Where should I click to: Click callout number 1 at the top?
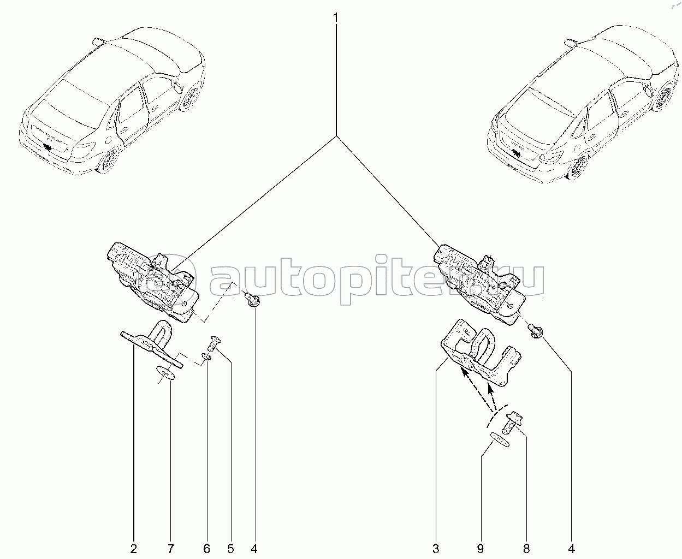pos(336,18)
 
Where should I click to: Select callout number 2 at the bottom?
pos(134,548)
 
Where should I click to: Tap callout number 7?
pos(170,548)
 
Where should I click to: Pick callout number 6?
pos(206,548)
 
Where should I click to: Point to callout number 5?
pos(230,548)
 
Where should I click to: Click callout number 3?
pos(436,548)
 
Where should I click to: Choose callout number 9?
pos(481,548)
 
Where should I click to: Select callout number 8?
pos(526,548)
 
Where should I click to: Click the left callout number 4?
pos(254,548)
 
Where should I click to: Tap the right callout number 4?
pos(571,548)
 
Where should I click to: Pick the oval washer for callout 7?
pos(165,373)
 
